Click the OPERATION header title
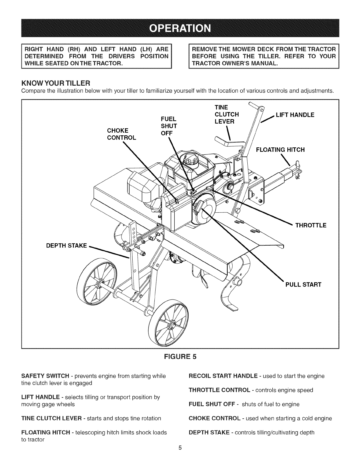(180, 28)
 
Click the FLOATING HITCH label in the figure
(280, 150)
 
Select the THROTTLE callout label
(311, 226)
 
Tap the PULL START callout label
(303, 284)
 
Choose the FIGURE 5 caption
(180, 357)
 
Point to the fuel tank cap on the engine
(192, 161)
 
